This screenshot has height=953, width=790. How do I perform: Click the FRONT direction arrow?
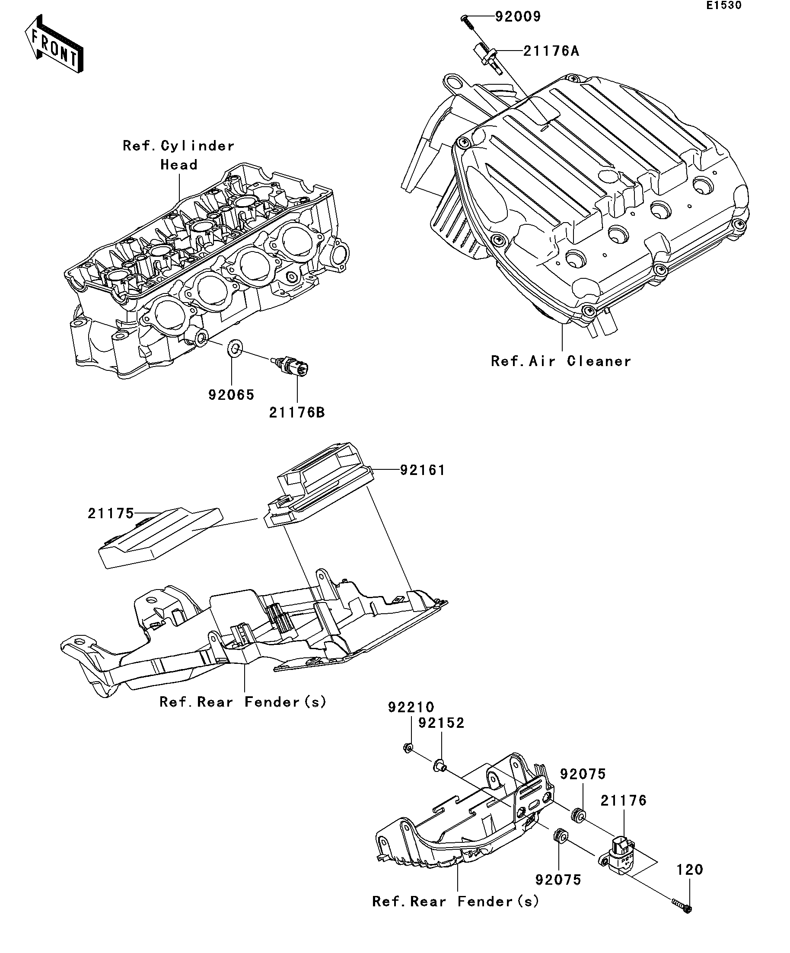coord(54,45)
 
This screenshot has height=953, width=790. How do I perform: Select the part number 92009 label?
coord(517,17)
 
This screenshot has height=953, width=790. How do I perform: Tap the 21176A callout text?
coord(551,51)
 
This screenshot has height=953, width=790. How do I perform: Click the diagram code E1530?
coord(723,6)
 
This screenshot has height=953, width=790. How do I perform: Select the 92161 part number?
coord(422,470)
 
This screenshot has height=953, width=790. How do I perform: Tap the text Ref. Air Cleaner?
coord(561,361)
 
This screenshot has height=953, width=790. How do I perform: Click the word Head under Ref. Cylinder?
coord(179,165)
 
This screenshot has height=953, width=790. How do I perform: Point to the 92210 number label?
coord(411,707)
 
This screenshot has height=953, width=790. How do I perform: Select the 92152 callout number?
coord(441,723)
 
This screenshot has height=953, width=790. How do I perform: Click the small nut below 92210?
coord(408,747)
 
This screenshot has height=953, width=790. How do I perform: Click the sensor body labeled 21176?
coord(620,855)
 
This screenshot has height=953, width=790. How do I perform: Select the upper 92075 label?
coord(583,774)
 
